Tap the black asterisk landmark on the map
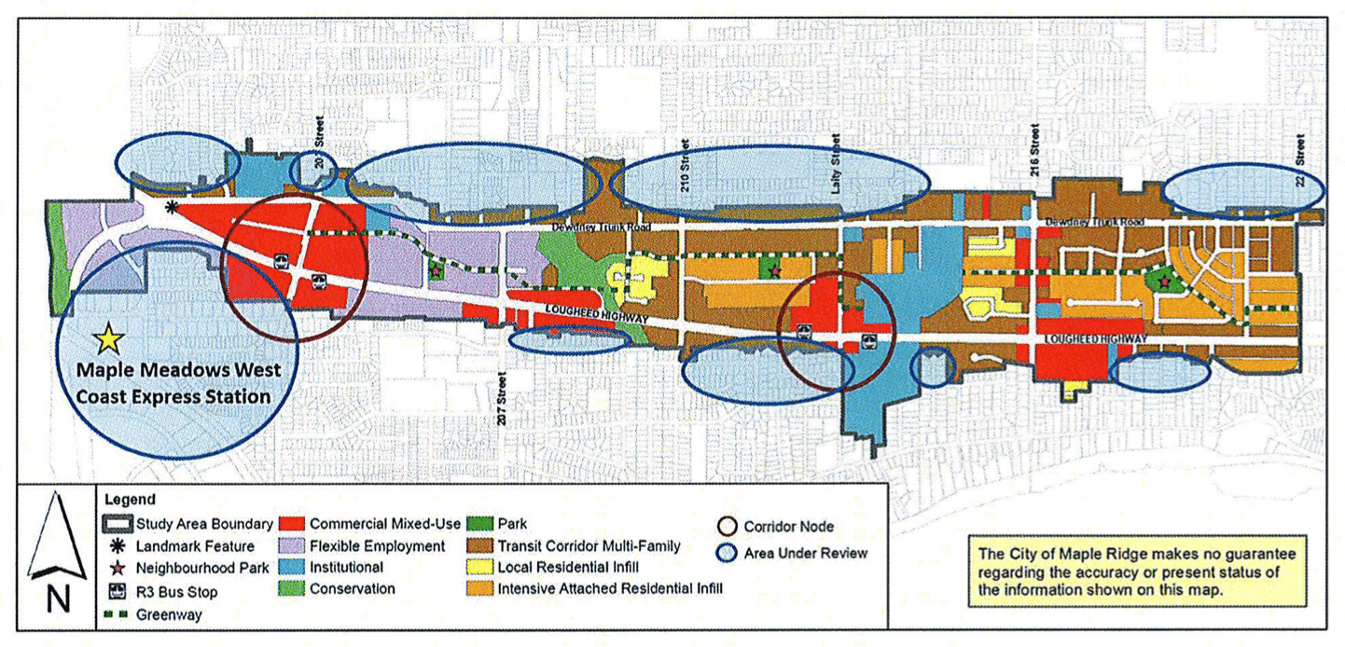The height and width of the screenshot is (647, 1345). point(171,207)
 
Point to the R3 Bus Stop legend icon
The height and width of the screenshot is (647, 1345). point(118,591)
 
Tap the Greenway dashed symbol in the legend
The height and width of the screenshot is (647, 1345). point(118,614)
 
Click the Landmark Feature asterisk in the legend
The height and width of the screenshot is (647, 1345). point(118,545)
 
